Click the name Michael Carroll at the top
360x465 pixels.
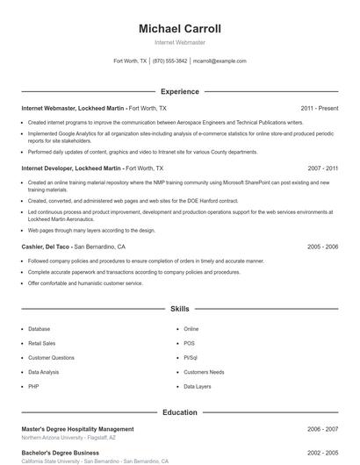pos(179,29)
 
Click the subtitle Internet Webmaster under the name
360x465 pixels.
pos(179,42)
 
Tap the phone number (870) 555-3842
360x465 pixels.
pos(170,61)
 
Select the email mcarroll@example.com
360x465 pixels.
pos(220,61)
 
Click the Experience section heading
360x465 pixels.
pos(179,91)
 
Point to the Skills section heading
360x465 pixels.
pos(179,309)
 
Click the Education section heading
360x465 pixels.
pos(179,411)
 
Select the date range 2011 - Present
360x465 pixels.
pos(319,107)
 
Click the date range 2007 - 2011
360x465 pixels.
pos(322,167)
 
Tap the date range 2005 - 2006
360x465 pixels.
pos(322,247)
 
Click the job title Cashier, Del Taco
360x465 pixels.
pos(46,247)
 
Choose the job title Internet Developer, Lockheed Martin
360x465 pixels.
pos(73,167)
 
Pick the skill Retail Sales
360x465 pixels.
pos(41,343)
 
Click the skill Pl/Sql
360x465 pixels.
pos(191,357)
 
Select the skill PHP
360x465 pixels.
pos(33,386)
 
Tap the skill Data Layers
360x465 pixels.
pos(197,386)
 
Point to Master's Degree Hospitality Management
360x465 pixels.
pos(77,429)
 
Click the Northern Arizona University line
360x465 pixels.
pos(68,437)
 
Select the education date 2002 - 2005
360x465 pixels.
pos(322,453)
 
